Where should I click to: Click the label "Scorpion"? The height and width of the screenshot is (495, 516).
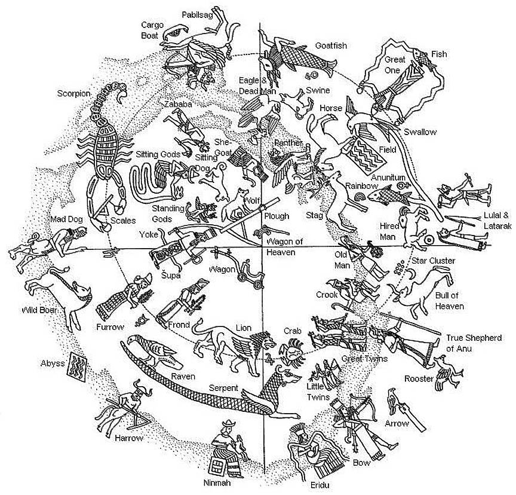73,93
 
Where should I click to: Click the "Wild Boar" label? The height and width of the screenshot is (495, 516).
39,310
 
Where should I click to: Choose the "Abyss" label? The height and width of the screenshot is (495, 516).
52,363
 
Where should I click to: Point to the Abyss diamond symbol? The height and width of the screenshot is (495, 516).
76,365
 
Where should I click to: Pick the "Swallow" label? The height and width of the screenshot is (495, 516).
420,132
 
